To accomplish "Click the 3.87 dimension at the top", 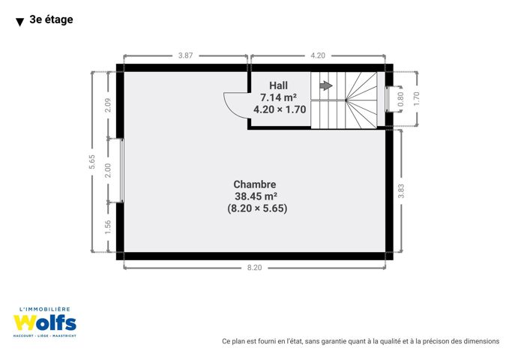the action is [185, 55].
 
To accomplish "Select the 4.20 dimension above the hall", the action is [318, 55].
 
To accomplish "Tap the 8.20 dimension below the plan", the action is [254, 268].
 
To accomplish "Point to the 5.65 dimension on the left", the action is [92, 161].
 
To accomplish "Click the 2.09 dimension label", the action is [108, 105].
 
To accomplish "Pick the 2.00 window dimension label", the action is [108, 170].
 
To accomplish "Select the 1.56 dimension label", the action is [108, 226].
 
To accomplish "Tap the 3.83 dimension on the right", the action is [401, 191].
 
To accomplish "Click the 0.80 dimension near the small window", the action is [400, 99].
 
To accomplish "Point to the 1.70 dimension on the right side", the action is [417, 98].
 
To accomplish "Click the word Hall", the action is [279, 85].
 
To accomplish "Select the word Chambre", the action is [255, 184].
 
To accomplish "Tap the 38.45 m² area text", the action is [256, 196].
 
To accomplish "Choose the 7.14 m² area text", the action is [279, 97].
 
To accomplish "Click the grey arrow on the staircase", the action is [326, 85].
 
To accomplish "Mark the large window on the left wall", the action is [121, 170].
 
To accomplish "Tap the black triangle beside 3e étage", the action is [19, 22].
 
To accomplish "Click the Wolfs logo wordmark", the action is [45, 322].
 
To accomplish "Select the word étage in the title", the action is [58, 19].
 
